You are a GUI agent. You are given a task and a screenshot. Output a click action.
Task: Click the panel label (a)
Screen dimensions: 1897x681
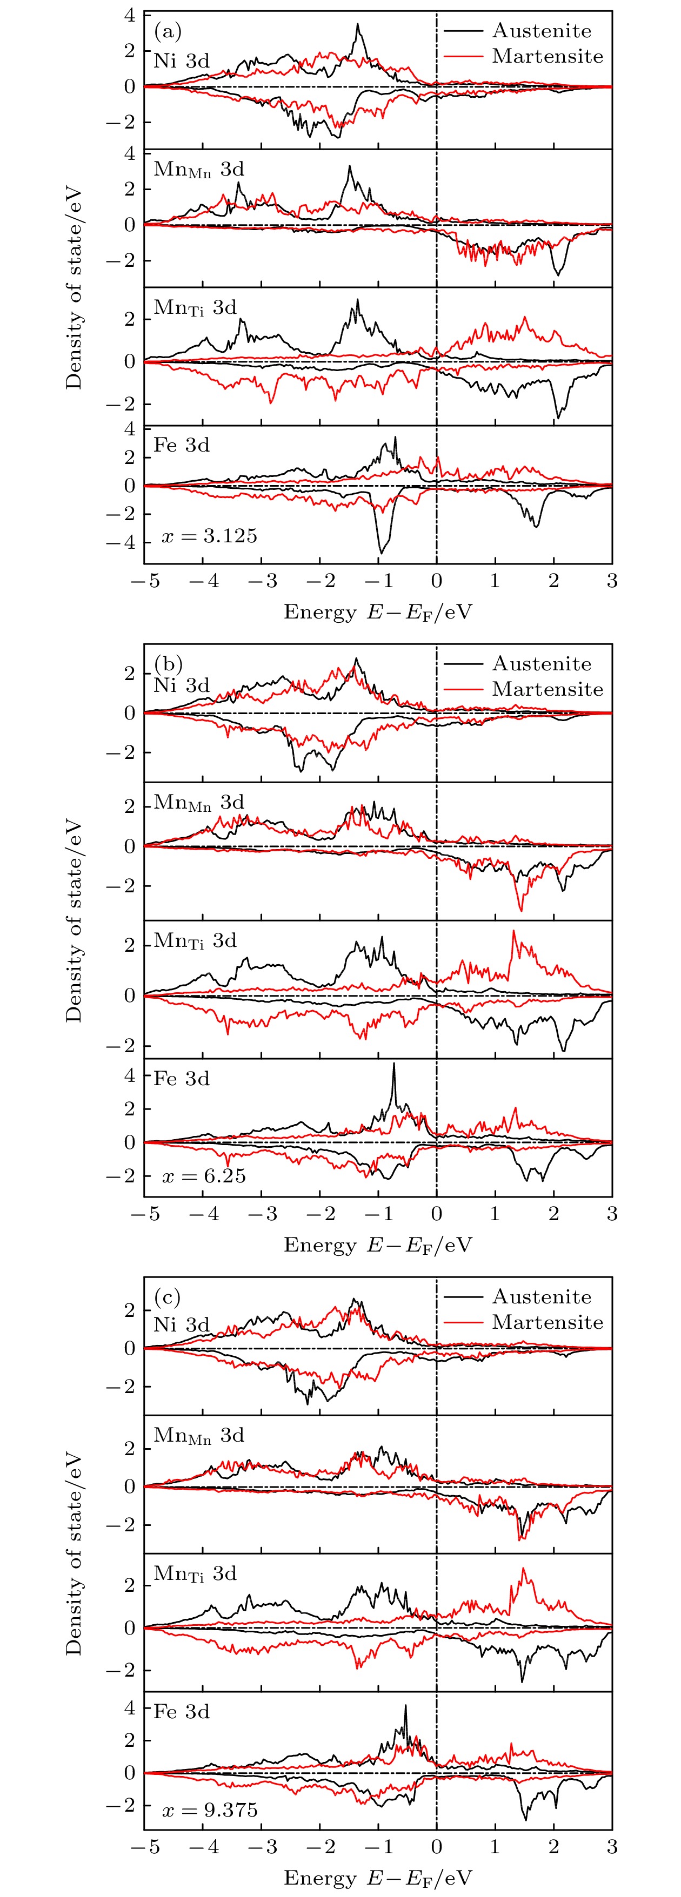[x=168, y=32]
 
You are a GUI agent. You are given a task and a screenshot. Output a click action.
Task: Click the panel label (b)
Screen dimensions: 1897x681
[x=168, y=663]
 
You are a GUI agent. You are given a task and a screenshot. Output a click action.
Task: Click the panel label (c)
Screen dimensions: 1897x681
[x=168, y=1296]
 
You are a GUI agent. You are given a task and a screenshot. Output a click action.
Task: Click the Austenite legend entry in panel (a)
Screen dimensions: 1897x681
[x=541, y=31]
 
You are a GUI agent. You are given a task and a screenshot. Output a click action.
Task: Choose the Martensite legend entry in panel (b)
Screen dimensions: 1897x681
[x=547, y=689]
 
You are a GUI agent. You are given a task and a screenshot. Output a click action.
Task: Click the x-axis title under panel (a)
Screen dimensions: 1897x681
[x=377, y=612]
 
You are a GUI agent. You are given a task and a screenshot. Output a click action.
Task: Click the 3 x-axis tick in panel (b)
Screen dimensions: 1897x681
[x=612, y=1214]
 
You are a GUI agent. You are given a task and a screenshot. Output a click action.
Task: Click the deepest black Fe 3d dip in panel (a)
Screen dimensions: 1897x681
[x=381, y=553]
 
